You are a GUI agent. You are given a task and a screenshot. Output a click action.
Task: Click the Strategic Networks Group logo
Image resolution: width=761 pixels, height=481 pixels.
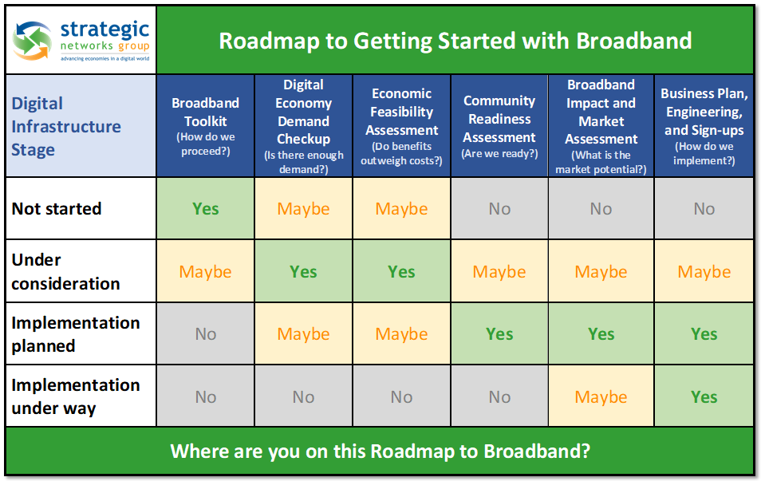[x=81, y=41]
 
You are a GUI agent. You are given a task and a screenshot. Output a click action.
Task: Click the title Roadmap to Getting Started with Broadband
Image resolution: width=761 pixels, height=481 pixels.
[x=455, y=41]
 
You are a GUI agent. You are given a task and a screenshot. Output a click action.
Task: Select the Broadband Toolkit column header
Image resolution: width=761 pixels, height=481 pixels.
[x=205, y=126]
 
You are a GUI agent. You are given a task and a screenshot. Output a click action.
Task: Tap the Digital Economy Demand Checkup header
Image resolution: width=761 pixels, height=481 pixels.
[x=304, y=126]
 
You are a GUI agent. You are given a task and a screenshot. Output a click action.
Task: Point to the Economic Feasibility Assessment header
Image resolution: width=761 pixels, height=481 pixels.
[x=402, y=126]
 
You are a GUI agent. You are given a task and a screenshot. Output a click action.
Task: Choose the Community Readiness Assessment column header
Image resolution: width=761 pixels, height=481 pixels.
[x=499, y=126]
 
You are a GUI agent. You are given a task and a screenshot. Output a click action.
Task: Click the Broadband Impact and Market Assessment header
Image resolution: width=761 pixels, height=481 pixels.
[x=601, y=126]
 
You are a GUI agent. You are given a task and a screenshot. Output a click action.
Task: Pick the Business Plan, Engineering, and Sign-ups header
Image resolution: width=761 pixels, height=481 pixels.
[x=704, y=126]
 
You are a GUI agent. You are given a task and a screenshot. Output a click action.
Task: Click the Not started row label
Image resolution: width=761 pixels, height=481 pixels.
[x=57, y=209]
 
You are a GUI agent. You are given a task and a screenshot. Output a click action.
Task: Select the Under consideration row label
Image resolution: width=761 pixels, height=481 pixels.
[x=65, y=271]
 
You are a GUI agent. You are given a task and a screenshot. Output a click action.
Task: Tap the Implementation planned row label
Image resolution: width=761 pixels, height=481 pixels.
[x=76, y=334]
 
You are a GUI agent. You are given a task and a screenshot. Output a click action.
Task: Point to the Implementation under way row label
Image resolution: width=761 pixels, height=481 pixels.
[x=76, y=396]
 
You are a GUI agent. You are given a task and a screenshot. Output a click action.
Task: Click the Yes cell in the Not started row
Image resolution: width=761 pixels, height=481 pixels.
[x=205, y=209]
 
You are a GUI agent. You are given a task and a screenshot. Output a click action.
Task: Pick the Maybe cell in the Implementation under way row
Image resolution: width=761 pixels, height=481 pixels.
[x=601, y=396]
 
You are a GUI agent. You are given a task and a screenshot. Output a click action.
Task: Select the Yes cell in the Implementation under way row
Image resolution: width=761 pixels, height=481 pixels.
[x=704, y=396]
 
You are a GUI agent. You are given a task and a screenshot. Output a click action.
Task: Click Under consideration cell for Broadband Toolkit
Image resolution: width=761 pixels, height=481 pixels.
[x=205, y=271]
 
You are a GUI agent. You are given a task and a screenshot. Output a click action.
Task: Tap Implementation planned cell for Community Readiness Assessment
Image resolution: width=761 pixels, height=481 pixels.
[x=499, y=334]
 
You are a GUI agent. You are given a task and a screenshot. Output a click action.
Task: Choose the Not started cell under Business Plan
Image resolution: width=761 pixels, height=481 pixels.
[x=704, y=209]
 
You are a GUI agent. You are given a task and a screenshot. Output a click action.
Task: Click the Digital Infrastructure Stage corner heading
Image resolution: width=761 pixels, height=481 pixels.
[x=66, y=126]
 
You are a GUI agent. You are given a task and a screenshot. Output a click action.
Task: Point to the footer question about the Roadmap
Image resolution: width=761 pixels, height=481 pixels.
[x=380, y=451]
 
